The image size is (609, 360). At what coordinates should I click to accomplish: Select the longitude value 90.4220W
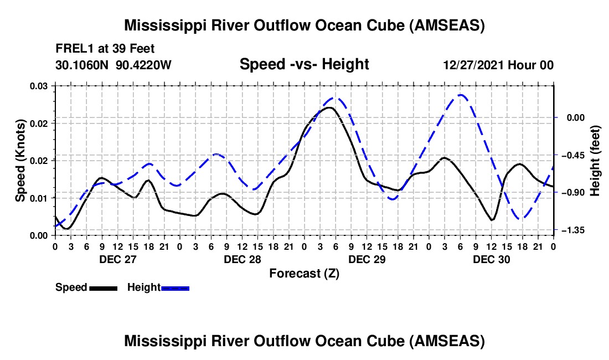tap(144, 65)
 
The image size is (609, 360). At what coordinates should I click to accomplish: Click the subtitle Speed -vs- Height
tap(304, 64)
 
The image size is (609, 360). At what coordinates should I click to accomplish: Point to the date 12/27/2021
tap(471, 65)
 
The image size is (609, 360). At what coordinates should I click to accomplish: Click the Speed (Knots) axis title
tap(21, 161)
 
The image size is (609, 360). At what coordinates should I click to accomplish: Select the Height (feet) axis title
tap(595, 161)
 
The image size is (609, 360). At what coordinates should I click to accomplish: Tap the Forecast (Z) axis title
tap(304, 273)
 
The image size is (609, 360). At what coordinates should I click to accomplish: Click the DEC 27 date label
tap(117, 259)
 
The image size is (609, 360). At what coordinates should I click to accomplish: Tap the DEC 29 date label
tap(367, 259)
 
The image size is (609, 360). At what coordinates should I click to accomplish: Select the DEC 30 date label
tap(491, 259)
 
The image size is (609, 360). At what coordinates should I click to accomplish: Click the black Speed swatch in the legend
tap(103, 288)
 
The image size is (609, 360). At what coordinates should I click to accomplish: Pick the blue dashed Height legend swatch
tap(176, 288)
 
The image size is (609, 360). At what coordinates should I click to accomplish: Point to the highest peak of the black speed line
tap(329, 107)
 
